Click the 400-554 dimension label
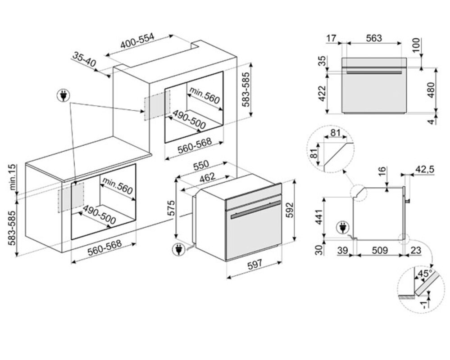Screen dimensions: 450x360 [x=137, y=41]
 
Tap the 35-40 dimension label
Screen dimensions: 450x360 [x=84, y=59]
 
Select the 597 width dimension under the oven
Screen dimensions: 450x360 [x=255, y=264]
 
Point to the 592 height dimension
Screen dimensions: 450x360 [x=290, y=210]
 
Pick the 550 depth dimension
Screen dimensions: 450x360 [x=201, y=166]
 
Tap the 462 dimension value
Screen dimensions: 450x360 [x=207, y=177]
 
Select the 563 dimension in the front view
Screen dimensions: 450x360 [x=374, y=38]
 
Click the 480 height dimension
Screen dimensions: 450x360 [x=431, y=90]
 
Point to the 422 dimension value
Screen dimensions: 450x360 [x=322, y=93]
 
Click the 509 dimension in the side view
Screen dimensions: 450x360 [x=380, y=251]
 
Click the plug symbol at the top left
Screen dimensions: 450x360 [x=64, y=95]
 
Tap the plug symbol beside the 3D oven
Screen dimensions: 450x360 [x=178, y=249]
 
